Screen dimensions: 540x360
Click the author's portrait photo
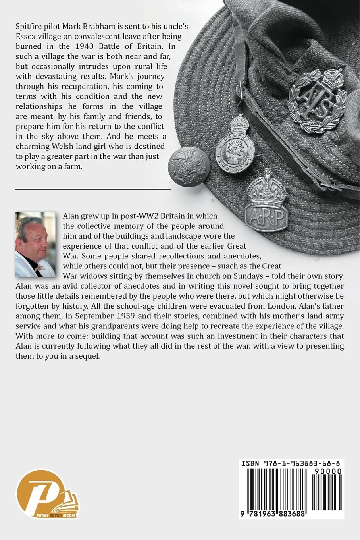point(35,244)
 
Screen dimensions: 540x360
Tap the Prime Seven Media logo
point(47,494)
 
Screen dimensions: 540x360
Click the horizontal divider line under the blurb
point(93,189)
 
